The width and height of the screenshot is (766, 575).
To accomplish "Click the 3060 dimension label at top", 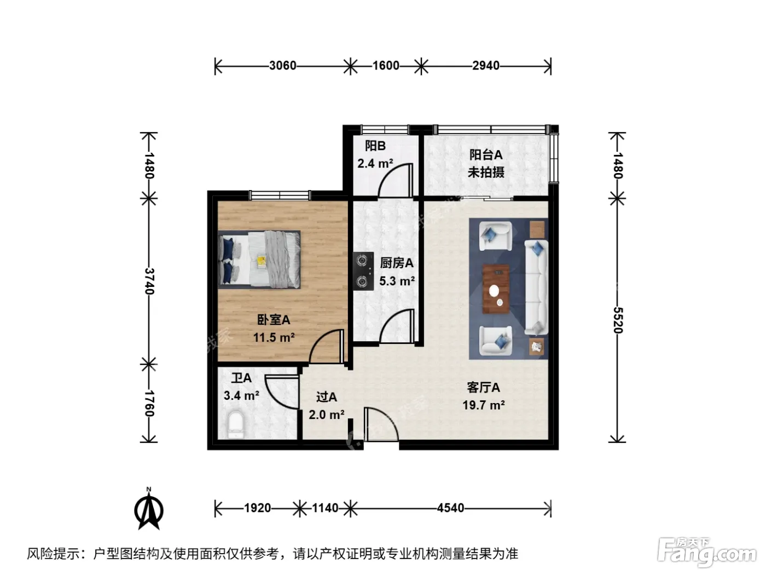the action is pyautogui.click(x=282, y=65).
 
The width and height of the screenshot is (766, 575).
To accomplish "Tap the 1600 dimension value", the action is pyautogui.click(x=386, y=65).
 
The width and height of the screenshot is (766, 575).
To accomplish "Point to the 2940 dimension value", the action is pyautogui.click(x=486, y=65).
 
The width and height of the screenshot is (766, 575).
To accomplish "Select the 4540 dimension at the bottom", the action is pyautogui.click(x=450, y=508).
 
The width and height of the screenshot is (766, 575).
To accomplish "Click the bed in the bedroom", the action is pyautogui.click(x=259, y=260).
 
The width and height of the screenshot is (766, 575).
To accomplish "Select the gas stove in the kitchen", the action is pyautogui.click(x=363, y=271).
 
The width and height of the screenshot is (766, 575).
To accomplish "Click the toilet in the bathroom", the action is pyautogui.click(x=235, y=424).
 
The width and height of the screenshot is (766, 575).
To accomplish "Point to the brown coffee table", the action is pyautogui.click(x=496, y=290).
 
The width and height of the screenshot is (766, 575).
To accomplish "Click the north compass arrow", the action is pyautogui.click(x=149, y=509).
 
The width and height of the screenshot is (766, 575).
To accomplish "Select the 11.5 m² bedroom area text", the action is pyautogui.click(x=274, y=337).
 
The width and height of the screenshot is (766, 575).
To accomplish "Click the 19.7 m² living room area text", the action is pyautogui.click(x=484, y=405).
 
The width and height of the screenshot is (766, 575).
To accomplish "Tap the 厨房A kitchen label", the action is pyautogui.click(x=397, y=263).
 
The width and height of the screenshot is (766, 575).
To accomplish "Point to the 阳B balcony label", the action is pyautogui.click(x=375, y=146).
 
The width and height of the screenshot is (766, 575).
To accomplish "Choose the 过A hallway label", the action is pyautogui.click(x=327, y=397).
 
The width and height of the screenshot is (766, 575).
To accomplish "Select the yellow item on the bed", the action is pyautogui.click(x=262, y=261).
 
